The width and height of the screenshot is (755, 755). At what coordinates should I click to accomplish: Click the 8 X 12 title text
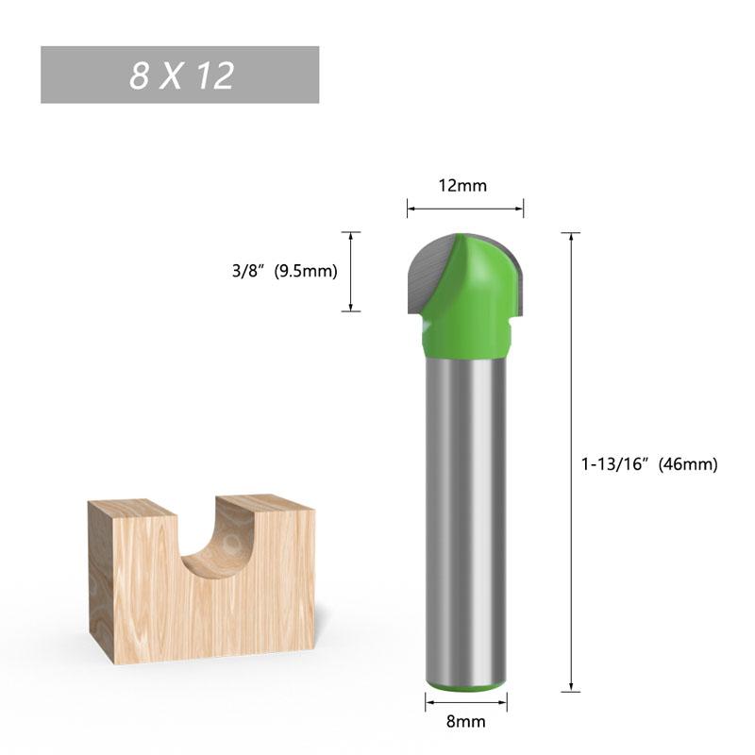181,75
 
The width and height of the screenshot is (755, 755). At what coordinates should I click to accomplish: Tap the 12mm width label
462,186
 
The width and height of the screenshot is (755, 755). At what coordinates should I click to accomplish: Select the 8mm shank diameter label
465,722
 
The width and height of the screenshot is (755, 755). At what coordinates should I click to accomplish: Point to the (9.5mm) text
305,272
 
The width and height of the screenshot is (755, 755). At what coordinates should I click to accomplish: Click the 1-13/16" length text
618,463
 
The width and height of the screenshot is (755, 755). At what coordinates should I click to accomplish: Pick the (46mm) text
690,463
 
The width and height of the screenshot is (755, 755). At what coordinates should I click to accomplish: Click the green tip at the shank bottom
465,686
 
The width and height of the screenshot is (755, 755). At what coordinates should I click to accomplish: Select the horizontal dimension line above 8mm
465,701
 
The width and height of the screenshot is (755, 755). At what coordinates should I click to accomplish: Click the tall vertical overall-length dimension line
572,377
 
